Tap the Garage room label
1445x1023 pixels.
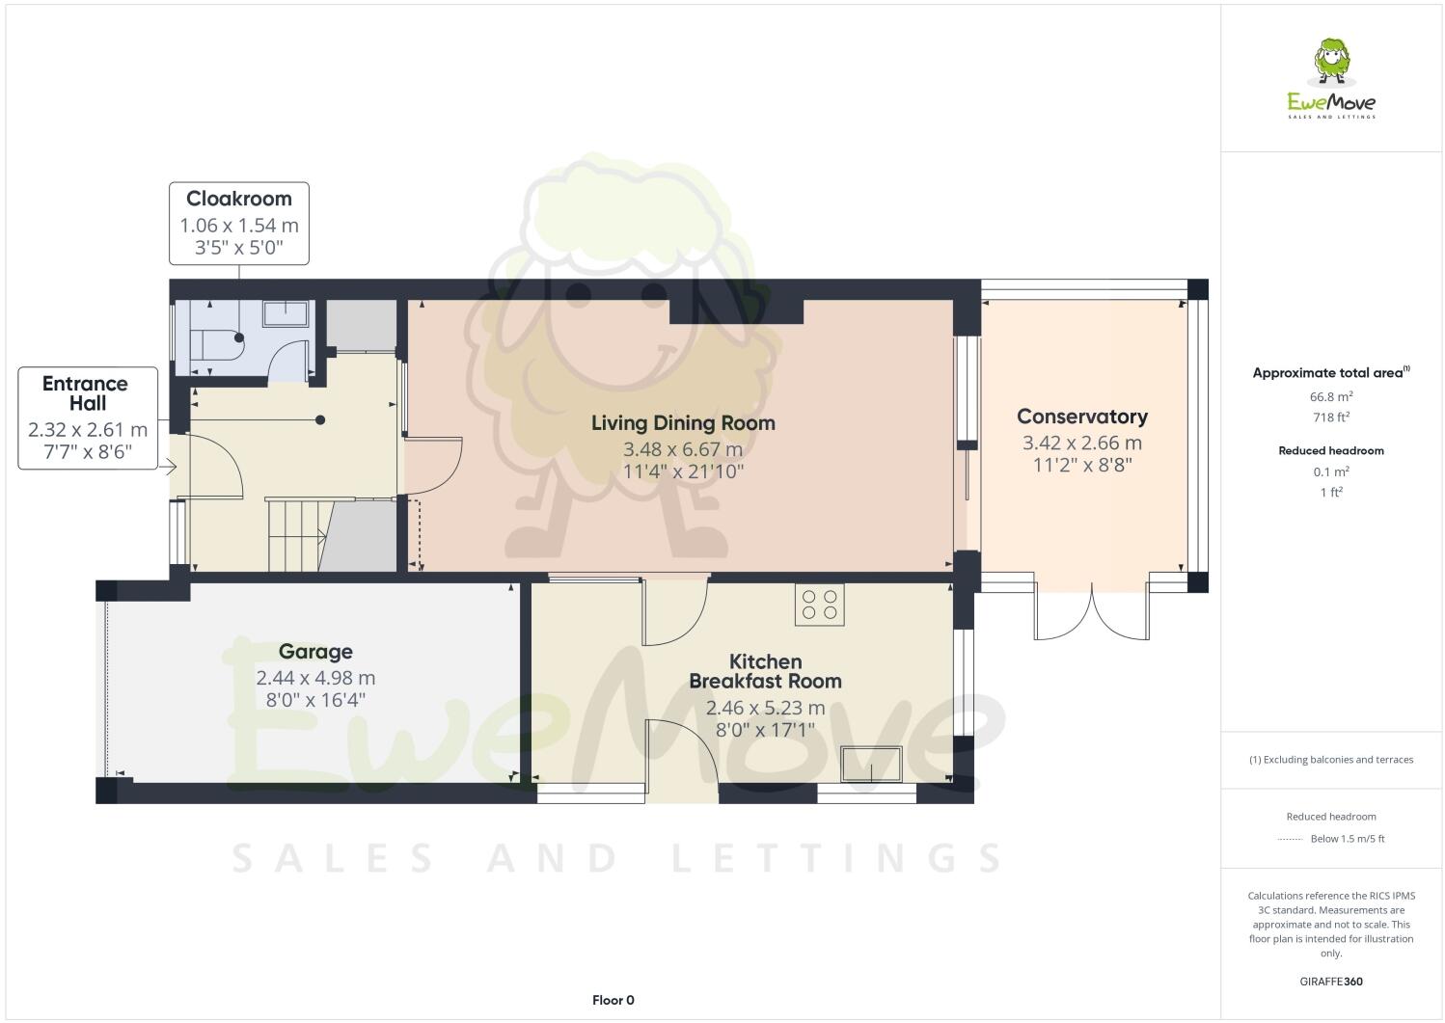point(315,652)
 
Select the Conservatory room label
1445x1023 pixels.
point(1081,417)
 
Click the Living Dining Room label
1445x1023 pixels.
point(683,422)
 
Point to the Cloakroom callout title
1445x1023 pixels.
point(239,199)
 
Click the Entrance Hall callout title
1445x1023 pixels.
point(87,393)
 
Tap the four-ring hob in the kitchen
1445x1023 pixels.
point(819,604)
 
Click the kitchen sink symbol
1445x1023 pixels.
point(871,764)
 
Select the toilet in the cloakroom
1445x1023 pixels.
point(216,344)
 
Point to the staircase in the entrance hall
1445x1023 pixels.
point(295,535)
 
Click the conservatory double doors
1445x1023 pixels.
point(1092,612)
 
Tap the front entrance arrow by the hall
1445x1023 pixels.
point(168,469)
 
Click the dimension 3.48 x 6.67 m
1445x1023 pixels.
point(683,449)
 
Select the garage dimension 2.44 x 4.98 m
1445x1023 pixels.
point(315,678)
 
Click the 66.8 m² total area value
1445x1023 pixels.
point(1330,396)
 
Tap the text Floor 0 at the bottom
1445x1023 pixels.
point(613,1000)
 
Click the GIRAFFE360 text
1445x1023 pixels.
point(1330,982)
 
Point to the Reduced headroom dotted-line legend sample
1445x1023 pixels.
point(1290,839)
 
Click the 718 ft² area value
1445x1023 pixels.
point(1330,417)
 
